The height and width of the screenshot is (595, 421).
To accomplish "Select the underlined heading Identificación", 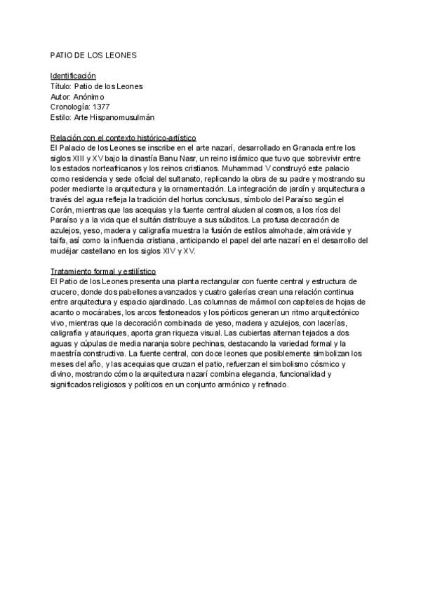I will pos(73,76).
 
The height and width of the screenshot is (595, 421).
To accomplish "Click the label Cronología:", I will pos(70,107).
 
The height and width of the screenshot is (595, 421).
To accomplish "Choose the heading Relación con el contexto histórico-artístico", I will pos(123,138).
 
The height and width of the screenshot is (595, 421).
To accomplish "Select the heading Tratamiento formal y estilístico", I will pos(103,272).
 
